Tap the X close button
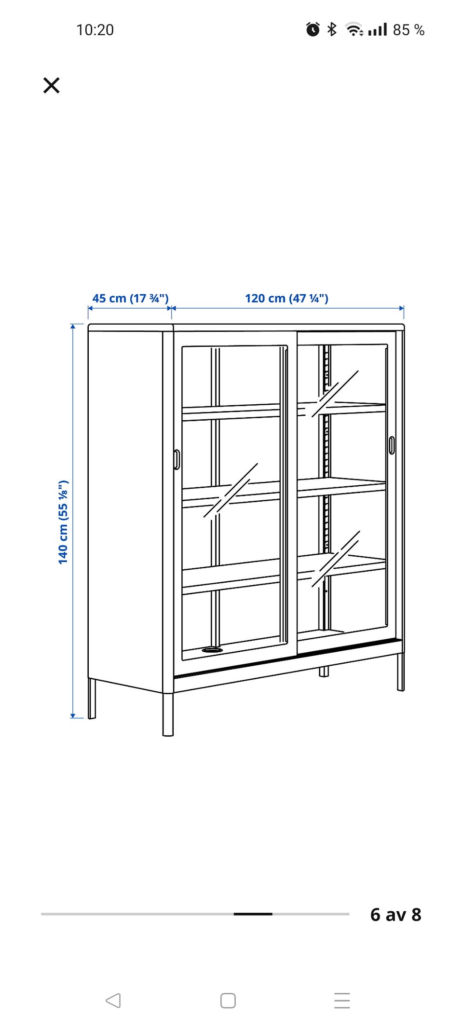tap(51, 85)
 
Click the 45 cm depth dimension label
tap(130, 298)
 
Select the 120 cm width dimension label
tap(286, 298)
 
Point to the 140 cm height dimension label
tap(63, 522)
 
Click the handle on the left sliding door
tap(177, 460)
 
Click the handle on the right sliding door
tap(391, 445)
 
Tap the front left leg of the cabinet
tap(168, 714)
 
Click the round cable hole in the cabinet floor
tap(212, 650)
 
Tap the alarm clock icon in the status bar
tap(313, 29)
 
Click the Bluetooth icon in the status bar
tap(332, 29)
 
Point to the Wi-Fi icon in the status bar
tap(354, 30)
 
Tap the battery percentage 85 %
tap(409, 30)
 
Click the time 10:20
tap(95, 30)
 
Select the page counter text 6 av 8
tap(396, 915)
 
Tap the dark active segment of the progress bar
tap(253, 914)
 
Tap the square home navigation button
tap(228, 1001)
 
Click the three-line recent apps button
tap(342, 1001)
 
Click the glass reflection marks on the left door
tap(231, 491)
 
